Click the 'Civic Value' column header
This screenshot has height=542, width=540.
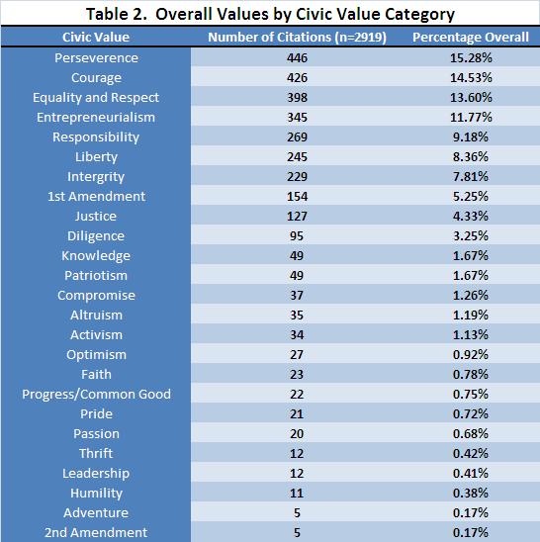[96, 37]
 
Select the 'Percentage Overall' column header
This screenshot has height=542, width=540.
[471, 37]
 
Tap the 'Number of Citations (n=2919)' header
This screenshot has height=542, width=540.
[297, 37]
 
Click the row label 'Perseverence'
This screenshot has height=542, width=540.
[96, 57]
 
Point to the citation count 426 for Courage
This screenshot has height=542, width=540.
[297, 77]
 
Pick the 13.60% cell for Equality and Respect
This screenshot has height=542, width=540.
[471, 97]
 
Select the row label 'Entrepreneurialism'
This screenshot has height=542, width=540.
[96, 117]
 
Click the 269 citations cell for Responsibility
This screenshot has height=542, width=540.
[297, 136]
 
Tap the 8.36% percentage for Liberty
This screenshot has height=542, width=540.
[471, 156]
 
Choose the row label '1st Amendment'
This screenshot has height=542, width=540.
[97, 197]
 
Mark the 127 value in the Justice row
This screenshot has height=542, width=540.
[297, 216]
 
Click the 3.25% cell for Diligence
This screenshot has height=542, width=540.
[471, 235]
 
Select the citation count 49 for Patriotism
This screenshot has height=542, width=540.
[297, 276]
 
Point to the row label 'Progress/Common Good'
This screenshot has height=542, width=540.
[97, 394]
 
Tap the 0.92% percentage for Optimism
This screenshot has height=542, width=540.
[471, 354]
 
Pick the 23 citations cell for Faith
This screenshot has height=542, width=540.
[297, 374]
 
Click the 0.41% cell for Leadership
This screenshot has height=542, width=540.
[471, 473]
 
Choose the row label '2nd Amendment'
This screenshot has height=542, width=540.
[96, 532]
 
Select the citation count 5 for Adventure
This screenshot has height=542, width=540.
[297, 512]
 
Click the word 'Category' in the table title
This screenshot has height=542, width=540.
[419, 14]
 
